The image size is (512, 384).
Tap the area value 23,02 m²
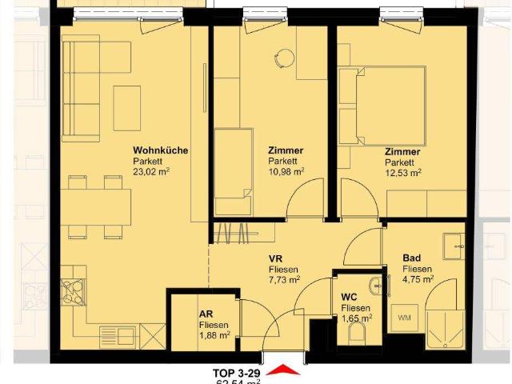point(151,170)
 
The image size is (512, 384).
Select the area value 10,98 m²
point(286,170)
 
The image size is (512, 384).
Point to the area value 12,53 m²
point(402,170)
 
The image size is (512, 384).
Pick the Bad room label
point(412,258)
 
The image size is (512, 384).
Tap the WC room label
point(350,298)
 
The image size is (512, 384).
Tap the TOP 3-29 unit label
point(236,373)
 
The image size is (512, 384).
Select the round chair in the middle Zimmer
point(284,56)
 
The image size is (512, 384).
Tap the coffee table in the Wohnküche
point(126,107)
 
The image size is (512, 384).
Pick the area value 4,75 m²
point(418,279)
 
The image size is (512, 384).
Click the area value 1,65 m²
point(356,318)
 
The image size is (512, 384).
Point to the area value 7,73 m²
point(284,280)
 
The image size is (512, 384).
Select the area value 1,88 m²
point(214,335)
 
